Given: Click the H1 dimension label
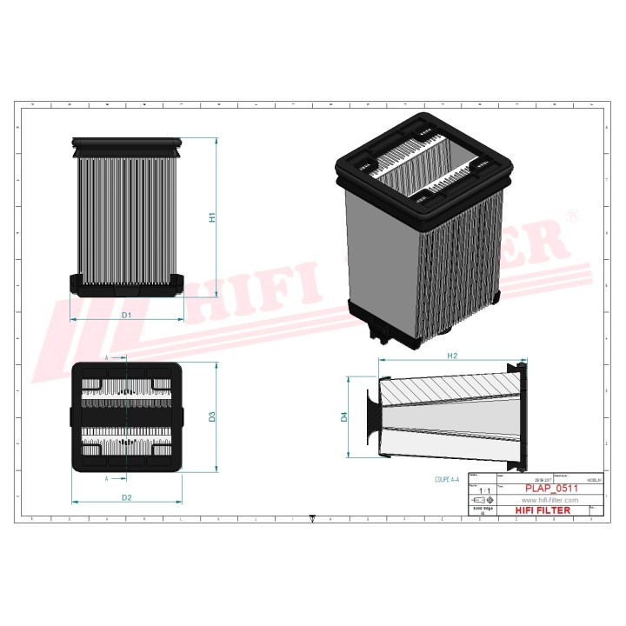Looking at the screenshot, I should [211, 217].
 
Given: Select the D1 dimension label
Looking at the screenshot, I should [126, 315].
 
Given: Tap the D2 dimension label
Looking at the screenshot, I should [126, 497].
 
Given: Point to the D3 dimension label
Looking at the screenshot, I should [211, 417].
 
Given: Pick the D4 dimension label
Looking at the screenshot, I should [343, 417].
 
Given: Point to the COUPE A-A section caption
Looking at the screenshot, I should [450, 479].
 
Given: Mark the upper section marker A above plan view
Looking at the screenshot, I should [107, 357].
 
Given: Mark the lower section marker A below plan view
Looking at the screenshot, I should [107, 478].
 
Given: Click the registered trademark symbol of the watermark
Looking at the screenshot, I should [571, 214].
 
